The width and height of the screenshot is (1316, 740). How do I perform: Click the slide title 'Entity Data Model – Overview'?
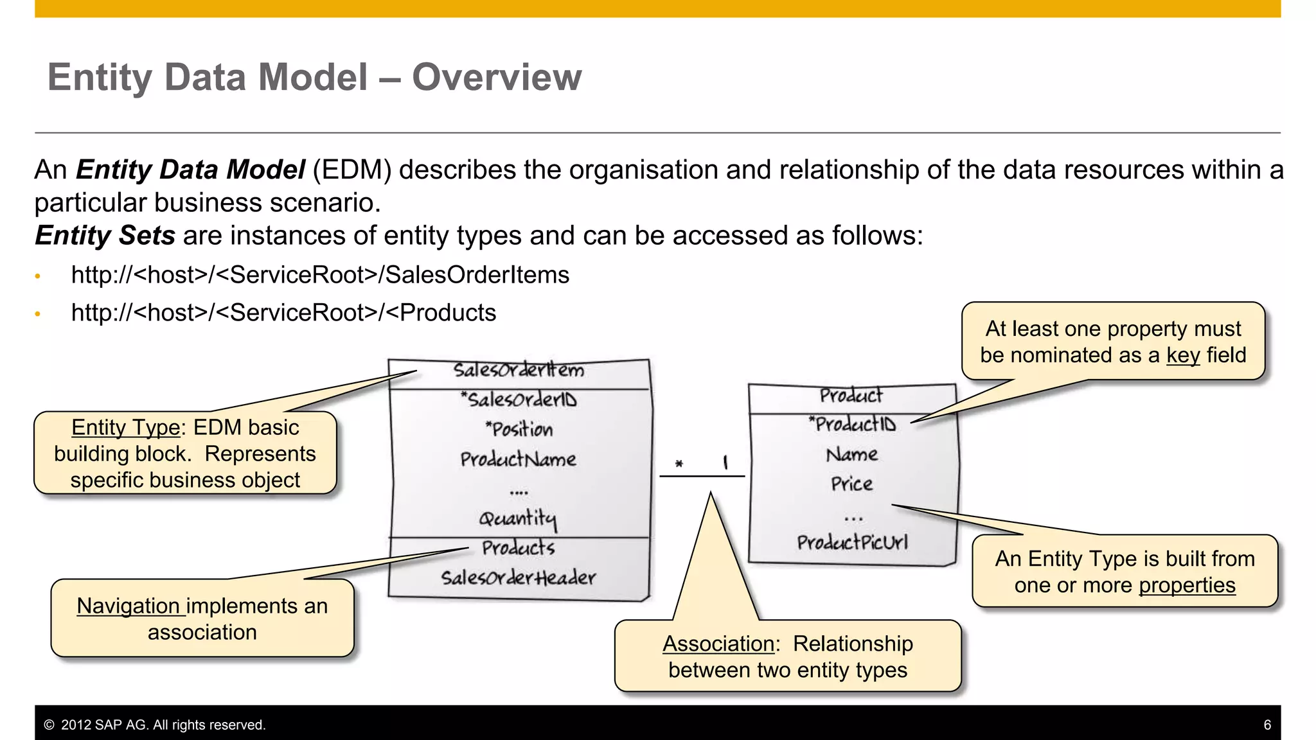[314, 77]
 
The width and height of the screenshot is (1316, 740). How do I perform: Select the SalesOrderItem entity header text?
[519, 371]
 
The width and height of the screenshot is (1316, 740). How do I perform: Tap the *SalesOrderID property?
[519, 400]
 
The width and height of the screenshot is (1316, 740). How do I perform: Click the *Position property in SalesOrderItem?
[519, 429]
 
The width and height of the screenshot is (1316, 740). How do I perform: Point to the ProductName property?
[518, 459]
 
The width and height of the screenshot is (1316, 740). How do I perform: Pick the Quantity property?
[518, 518]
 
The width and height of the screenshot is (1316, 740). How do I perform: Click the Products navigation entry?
[518, 548]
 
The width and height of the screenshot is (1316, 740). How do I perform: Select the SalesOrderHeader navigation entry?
[518, 577]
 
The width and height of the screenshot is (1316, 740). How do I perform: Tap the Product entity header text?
[851, 396]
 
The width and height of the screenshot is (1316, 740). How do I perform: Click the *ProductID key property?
[852, 424]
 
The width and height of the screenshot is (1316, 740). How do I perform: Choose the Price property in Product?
[851, 484]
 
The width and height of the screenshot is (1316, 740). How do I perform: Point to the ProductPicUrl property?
[852, 543]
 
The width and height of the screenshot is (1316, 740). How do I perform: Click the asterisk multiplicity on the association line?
[679, 464]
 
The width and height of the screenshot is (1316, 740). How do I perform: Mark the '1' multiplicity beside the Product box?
[725, 463]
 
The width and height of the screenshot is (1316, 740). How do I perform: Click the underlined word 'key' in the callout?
[1183, 355]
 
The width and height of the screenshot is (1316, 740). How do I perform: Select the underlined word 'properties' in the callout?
[1187, 585]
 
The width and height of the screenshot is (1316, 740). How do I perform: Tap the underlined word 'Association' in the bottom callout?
[718, 644]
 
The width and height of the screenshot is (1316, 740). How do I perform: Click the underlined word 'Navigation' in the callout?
[129, 606]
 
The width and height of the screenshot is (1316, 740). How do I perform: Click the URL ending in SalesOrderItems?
[320, 275]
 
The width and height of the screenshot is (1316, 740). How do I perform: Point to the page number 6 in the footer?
[1267, 725]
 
